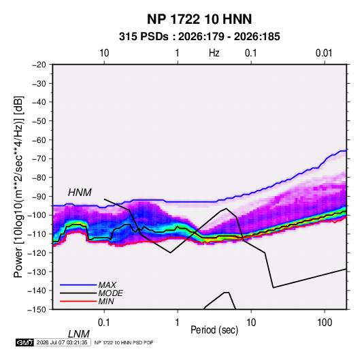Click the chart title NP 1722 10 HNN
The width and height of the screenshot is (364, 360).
click(199, 19)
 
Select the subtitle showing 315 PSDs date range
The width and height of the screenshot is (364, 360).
click(199, 37)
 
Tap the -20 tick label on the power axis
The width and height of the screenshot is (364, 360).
click(39, 65)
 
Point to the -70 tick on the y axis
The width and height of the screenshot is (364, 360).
click(39, 159)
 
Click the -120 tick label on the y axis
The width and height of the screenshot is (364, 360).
click(37, 252)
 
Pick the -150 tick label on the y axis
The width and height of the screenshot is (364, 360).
click(37, 310)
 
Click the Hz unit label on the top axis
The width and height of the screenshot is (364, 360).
click(214, 53)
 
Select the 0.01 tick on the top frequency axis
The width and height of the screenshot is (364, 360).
click(324, 53)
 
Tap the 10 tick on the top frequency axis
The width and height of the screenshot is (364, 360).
click(104, 53)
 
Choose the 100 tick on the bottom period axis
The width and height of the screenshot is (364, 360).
click(325, 323)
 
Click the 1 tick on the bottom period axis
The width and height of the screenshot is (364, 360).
click(177, 323)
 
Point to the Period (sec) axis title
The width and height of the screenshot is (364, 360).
click(214, 330)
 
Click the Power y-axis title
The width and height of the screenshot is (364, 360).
click(18, 187)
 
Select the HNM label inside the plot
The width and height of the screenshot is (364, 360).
click(80, 193)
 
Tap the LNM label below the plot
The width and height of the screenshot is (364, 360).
click(79, 334)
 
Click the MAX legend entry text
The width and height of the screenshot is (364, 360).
click(107, 284)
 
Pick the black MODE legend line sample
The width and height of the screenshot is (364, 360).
click(78, 293)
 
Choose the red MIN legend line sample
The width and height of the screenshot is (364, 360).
click(78, 301)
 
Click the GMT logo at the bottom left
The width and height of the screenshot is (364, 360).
click(25, 342)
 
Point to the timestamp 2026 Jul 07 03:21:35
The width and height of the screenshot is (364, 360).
click(62, 342)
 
